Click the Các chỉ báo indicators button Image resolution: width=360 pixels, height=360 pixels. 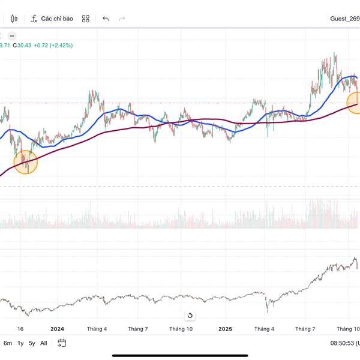[52, 19]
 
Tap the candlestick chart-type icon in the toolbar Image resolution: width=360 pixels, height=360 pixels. [14, 19]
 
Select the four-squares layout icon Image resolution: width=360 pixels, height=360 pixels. [86, 19]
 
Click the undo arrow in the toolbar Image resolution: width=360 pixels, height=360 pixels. [106, 19]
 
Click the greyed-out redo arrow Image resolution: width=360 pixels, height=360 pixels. [122, 19]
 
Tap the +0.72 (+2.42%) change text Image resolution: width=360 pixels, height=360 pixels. [53, 45]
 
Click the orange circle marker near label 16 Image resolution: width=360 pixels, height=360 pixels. [26, 162]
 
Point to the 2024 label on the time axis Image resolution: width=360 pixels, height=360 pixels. [57, 329]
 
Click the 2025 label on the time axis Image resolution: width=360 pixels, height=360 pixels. [225, 329]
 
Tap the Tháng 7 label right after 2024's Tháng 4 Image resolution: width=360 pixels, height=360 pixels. [138, 329]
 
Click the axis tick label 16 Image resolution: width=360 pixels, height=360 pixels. [20, 329]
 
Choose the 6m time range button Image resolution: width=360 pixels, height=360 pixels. [8, 343]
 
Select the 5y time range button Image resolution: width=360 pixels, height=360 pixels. [32, 343]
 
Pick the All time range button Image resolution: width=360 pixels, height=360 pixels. [44, 343]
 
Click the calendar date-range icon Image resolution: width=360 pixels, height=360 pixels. [62, 343]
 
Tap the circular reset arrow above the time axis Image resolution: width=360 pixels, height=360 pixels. [190, 316]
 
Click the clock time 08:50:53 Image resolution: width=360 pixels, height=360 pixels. [341, 343]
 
